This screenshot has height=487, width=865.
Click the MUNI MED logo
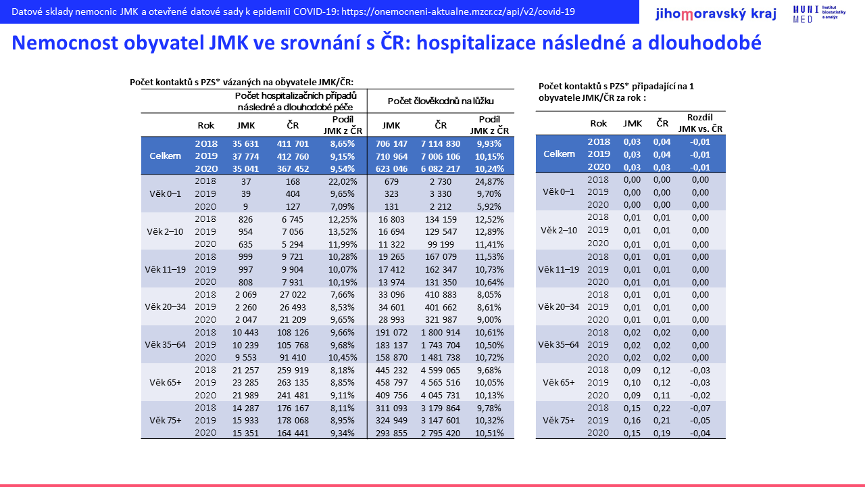click(x=819, y=14)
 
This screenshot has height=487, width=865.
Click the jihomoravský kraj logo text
click(x=716, y=14)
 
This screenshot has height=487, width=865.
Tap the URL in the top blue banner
click(x=458, y=11)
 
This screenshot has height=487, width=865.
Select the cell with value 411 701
click(x=293, y=144)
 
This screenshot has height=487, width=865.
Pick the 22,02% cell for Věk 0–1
click(x=343, y=182)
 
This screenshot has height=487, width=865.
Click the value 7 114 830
click(x=441, y=144)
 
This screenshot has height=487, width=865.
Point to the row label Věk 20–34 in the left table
click(x=166, y=307)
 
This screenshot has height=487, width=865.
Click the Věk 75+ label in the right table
click(x=559, y=420)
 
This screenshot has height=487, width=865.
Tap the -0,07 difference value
click(x=700, y=408)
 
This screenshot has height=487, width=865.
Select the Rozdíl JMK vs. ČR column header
click(x=700, y=123)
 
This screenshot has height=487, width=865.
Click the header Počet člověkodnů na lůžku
click(x=441, y=101)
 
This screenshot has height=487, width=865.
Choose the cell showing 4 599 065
click(x=441, y=370)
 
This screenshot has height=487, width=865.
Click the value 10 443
click(x=245, y=332)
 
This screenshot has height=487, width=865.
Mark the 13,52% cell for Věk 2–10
click(x=343, y=232)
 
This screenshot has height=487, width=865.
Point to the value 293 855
click(x=391, y=434)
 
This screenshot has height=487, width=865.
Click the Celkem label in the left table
click(x=166, y=156)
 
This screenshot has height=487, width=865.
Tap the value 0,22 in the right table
click(x=662, y=408)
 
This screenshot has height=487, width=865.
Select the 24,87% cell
click(x=489, y=182)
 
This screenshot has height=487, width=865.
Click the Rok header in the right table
click(x=599, y=123)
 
